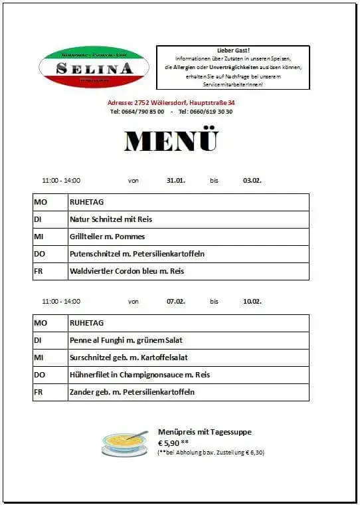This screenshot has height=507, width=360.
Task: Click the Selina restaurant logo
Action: click(91, 67)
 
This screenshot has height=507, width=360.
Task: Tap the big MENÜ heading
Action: click(171, 141)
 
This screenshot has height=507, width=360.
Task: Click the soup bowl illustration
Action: click(124, 443)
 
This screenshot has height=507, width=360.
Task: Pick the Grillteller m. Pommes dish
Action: click(107, 237)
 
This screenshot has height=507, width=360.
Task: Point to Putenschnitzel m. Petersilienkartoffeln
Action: click(137, 254)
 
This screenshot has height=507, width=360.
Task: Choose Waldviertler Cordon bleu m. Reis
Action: click(126, 271)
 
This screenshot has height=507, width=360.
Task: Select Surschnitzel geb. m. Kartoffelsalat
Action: click(125, 357)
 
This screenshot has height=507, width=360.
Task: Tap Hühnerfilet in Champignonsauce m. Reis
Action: click(139, 375)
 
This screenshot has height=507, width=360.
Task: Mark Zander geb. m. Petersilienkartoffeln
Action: click(132, 392)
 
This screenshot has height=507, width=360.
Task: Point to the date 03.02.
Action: click(252, 180)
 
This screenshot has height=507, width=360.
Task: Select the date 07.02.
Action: click(176, 301)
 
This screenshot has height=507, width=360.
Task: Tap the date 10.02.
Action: click(252, 301)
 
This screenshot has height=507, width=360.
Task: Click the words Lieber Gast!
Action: click(232, 51)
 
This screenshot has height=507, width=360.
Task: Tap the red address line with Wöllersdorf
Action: click(171, 102)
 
